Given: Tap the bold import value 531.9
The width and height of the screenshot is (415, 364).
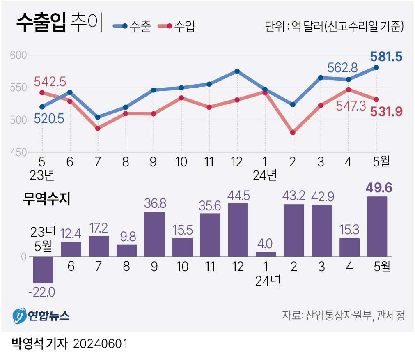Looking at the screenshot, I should tap(386, 111).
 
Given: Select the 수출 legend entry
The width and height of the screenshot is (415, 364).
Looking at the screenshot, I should tap(132, 27).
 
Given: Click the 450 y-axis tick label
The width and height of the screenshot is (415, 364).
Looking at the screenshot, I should tap(18, 153).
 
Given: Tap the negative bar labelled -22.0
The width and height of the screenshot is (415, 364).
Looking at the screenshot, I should tap(43, 270).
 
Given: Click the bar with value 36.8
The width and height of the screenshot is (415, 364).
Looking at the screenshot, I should tap(155, 234).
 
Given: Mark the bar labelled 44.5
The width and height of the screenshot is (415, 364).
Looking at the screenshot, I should tap(238, 229).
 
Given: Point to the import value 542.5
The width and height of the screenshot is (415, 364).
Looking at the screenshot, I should tap(50, 81).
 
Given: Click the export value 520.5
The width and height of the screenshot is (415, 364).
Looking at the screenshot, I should tap(49, 120).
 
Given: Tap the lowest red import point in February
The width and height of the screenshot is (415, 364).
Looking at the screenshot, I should tap(293, 133).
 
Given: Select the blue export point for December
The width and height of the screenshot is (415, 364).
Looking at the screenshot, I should tap(237, 71).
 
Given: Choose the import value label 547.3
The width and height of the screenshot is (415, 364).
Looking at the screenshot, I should tap(351, 107).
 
